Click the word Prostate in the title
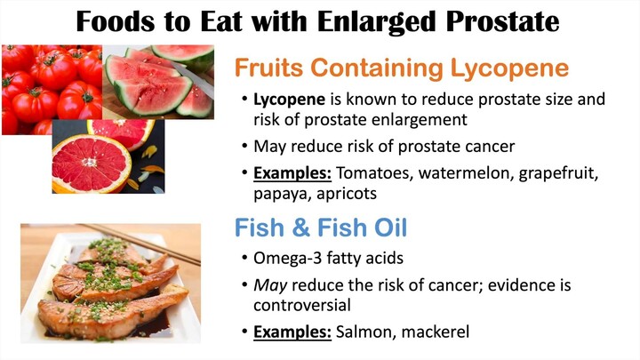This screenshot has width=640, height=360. point(502,21)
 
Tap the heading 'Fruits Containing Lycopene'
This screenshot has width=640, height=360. point(402,68)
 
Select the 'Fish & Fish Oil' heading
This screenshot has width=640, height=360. point(321,228)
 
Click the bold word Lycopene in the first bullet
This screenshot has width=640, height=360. point(290,100)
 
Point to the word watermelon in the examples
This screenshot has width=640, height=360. point(466,173)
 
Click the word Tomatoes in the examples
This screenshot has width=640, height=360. point(375,173)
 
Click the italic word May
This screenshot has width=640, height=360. point(270,285)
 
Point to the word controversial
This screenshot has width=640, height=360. point(302,305)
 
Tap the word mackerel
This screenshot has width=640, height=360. point(436,332)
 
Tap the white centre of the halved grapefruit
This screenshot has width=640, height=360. point(90,162)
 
